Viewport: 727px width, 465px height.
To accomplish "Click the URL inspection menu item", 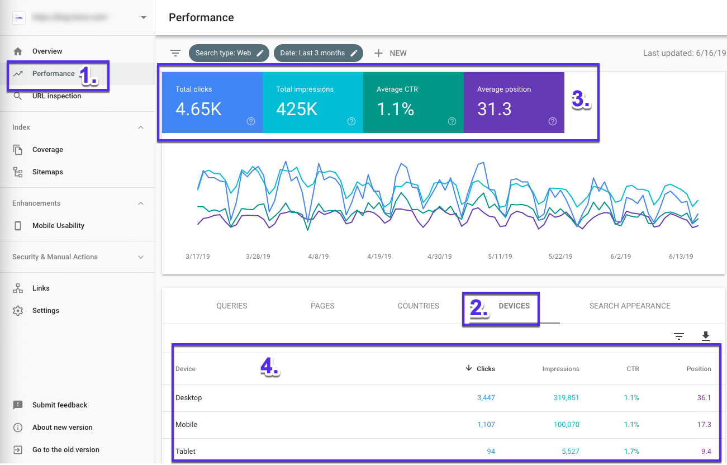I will click(x=56, y=96).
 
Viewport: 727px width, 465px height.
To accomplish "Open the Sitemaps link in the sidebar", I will click(x=47, y=172).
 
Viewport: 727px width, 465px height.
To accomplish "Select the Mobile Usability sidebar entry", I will click(x=58, y=226).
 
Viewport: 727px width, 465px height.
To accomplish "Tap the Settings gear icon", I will click(x=18, y=311).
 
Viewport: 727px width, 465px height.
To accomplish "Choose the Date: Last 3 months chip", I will click(x=318, y=53).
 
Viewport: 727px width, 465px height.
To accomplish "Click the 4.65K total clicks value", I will click(x=198, y=109).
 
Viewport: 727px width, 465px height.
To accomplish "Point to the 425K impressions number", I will click(x=297, y=109).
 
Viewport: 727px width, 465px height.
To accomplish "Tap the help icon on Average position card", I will click(x=553, y=121).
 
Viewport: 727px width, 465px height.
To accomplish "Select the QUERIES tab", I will click(x=232, y=306).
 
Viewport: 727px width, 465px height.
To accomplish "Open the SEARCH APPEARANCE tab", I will click(x=630, y=306).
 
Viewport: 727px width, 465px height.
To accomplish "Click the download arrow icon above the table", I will click(x=705, y=336).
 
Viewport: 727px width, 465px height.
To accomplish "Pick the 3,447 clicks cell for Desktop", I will click(x=486, y=398).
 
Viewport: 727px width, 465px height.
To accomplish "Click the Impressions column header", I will click(x=560, y=369).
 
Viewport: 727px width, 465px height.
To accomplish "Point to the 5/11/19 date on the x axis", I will click(x=500, y=257).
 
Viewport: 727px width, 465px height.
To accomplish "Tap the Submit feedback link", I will click(x=60, y=405).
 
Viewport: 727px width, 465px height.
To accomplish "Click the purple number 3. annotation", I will click(x=581, y=99).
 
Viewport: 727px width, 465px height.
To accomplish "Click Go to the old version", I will click(x=65, y=450).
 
